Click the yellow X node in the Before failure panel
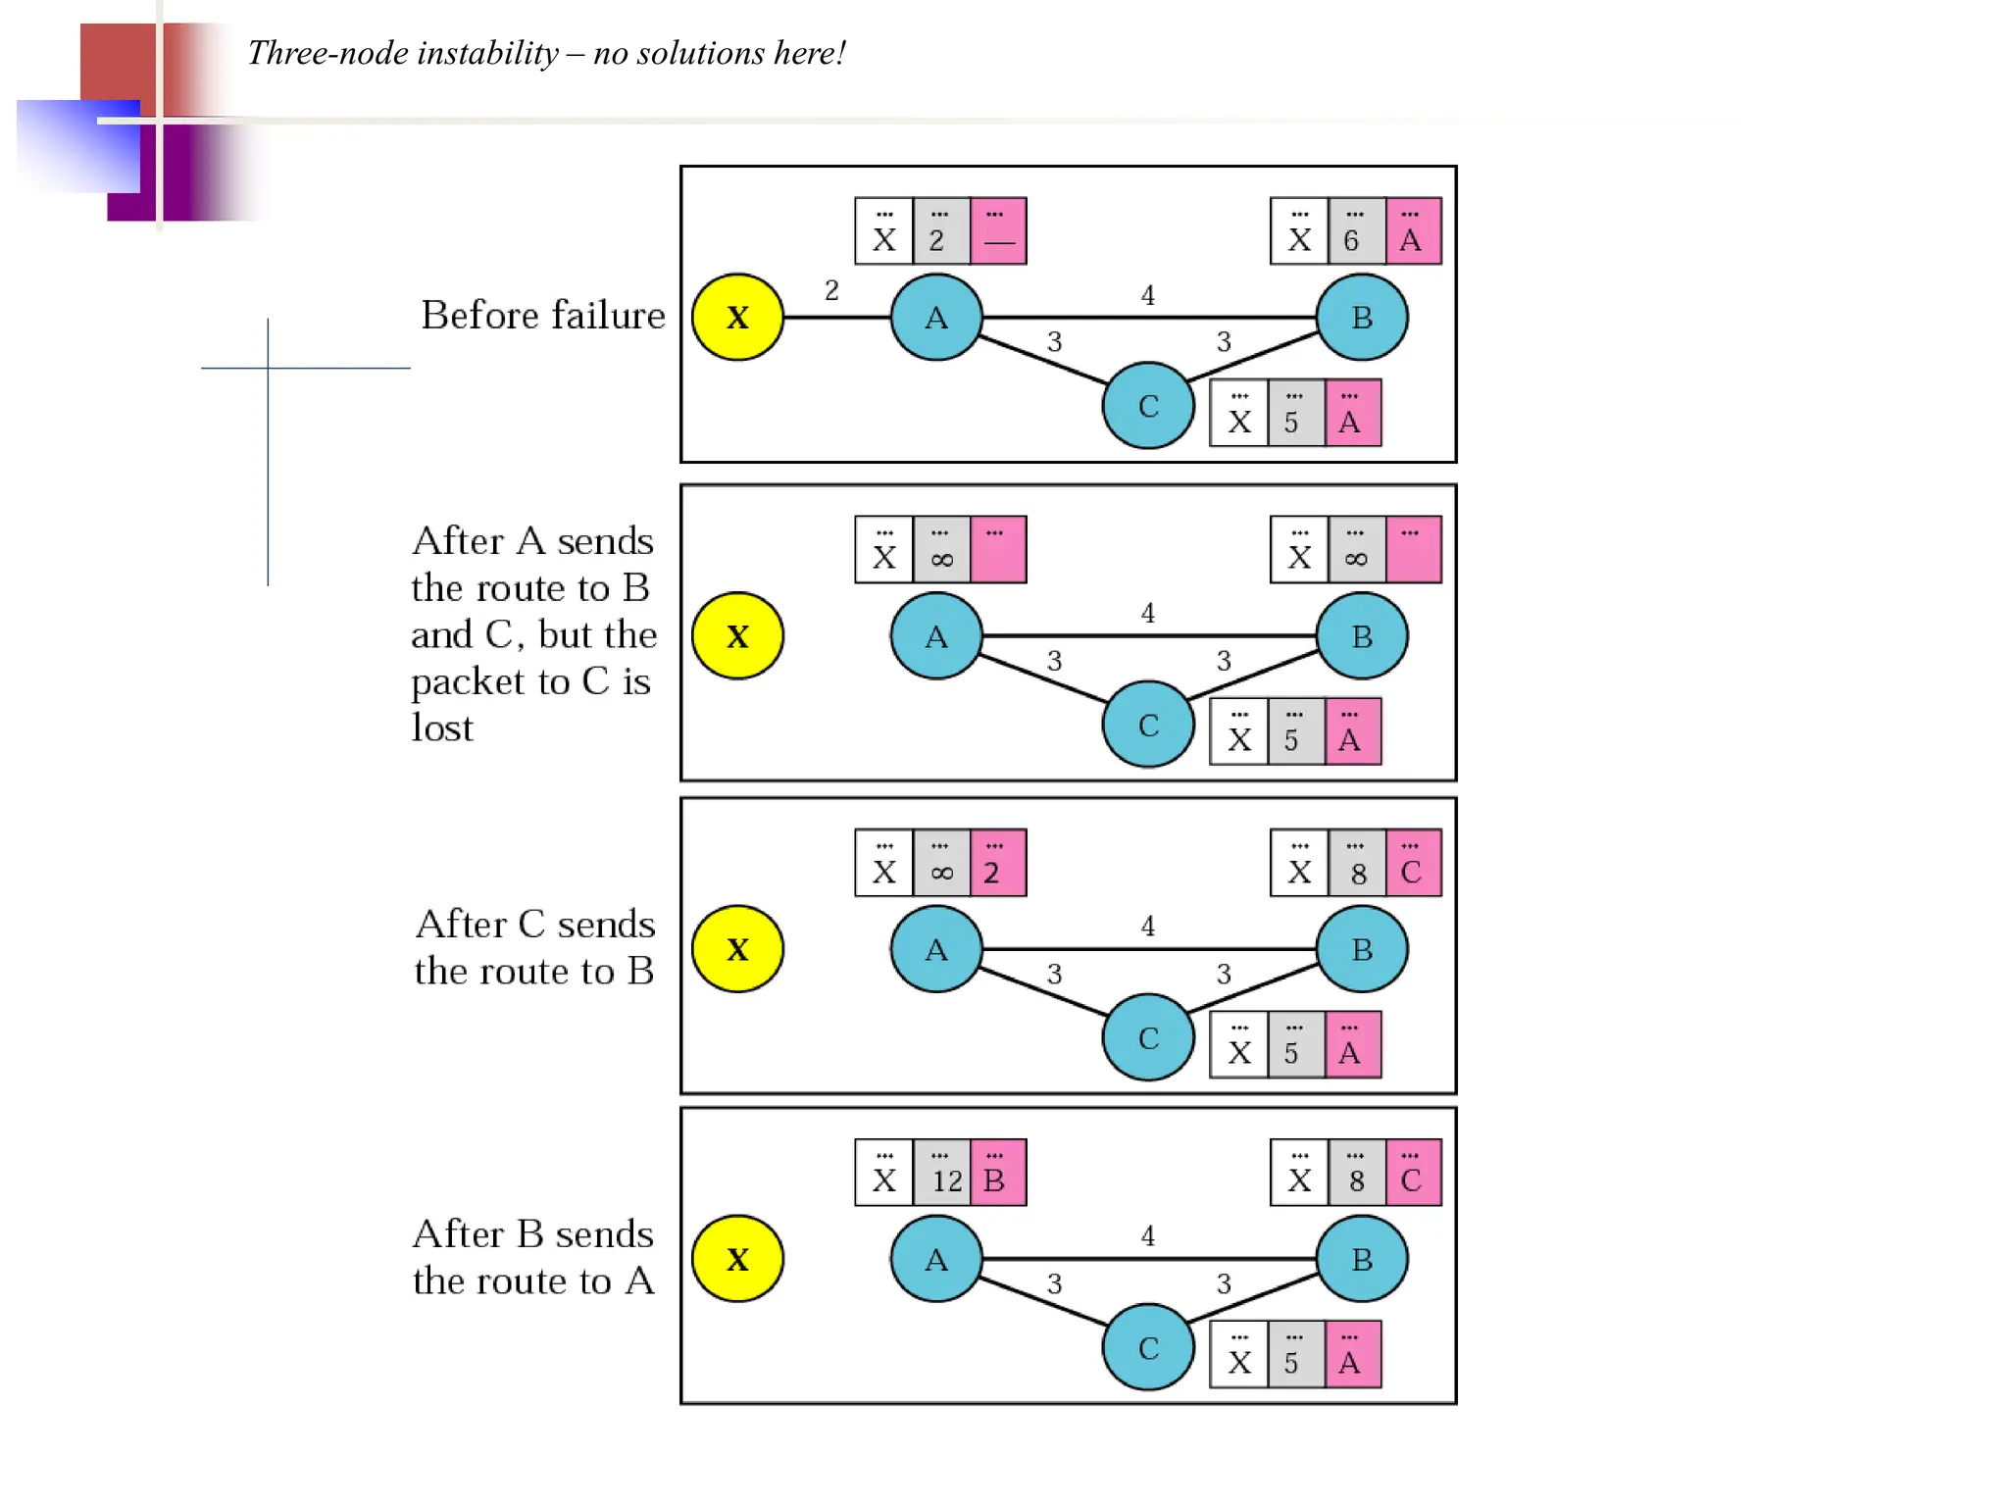737,317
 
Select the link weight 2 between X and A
831,290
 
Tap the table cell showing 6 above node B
1356,231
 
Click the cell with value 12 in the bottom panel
942,1173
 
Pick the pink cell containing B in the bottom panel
998,1173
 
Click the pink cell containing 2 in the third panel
998,864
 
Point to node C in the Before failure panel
1148,406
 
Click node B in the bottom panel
1362,1259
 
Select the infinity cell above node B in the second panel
1356,550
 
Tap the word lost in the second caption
442,728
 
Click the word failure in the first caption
608,316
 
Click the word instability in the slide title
486,53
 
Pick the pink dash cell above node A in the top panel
998,231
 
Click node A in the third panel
936,949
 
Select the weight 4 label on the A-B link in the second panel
1148,614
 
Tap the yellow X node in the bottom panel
737,1259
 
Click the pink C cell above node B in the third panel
1413,864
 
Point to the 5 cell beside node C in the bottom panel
1296,1355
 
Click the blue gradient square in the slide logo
78,146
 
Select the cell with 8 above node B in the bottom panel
1356,1173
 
